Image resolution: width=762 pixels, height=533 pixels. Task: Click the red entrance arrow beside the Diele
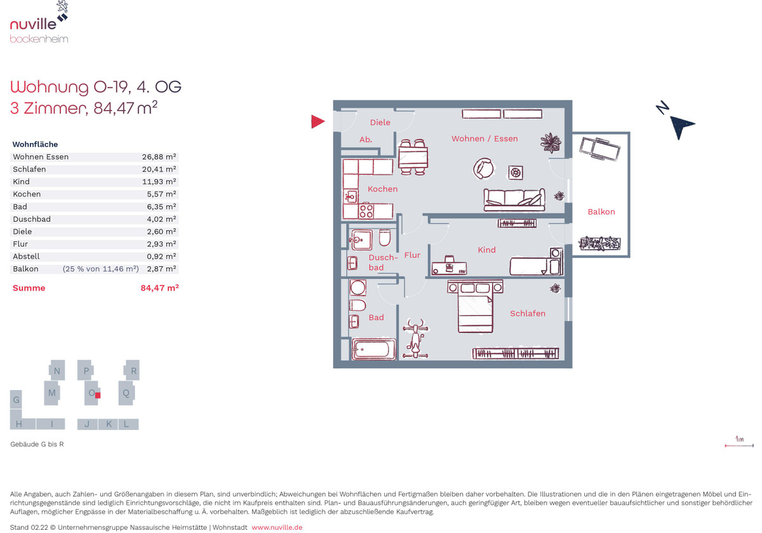click(317, 121)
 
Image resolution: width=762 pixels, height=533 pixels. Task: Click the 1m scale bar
click(739, 445)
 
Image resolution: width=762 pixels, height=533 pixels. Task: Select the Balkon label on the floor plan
click(601, 212)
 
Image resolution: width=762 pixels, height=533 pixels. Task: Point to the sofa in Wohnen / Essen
click(514, 199)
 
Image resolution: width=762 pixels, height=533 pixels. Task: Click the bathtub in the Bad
click(373, 349)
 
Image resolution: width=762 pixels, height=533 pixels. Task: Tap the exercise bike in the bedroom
click(415, 339)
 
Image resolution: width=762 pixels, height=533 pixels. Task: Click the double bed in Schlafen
click(475, 306)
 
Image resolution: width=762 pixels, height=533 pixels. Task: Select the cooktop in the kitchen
click(366, 211)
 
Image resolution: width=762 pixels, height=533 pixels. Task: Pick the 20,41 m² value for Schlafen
click(159, 169)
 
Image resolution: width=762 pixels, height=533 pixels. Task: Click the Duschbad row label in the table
click(32, 219)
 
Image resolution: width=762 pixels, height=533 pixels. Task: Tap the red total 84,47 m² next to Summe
click(159, 288)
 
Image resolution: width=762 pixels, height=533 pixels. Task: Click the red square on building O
click(98, 395)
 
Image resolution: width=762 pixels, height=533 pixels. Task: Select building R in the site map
click(132, 370)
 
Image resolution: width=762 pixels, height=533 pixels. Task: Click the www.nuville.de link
click(277, 527)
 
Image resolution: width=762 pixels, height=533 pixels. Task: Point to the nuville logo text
click(33, 24)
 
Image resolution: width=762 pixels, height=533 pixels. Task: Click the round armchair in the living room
click(483, 168)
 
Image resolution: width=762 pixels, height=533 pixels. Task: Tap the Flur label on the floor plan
click(412, 255)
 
